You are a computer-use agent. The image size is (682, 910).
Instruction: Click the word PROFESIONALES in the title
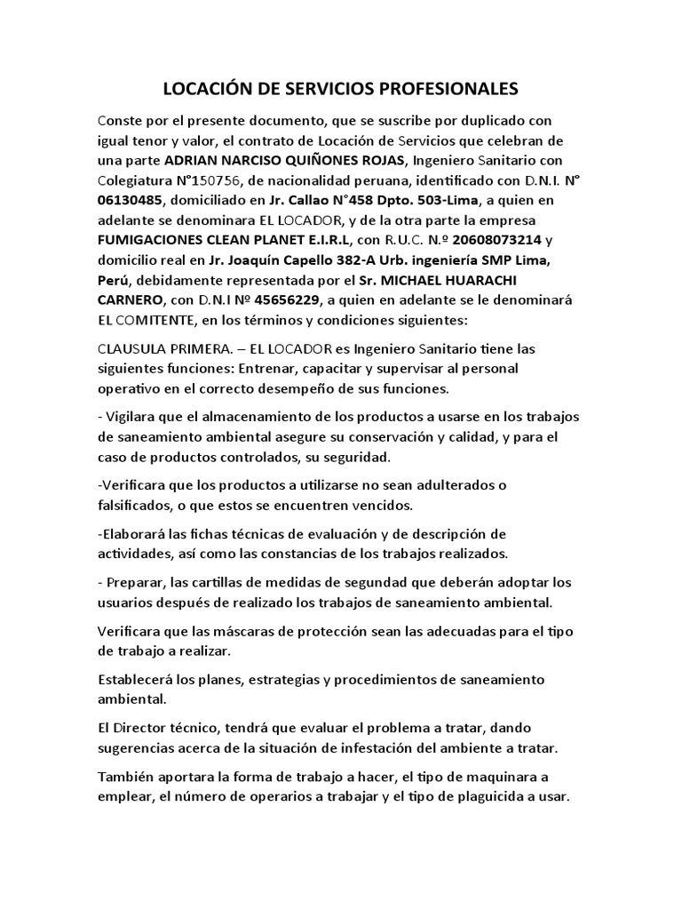point(442,89)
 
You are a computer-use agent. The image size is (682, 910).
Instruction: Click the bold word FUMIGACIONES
point(155,240)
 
